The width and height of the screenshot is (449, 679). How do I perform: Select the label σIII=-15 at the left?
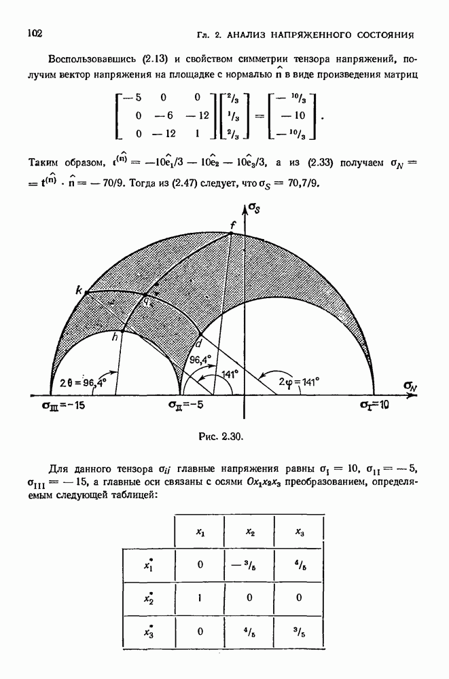(x=65, y=405)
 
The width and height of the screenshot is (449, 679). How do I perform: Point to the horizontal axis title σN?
(x=410, y=385)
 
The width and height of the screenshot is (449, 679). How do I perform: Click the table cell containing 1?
(x=200, y=598)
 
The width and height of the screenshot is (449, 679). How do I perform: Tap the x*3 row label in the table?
(x=149, y=632)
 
